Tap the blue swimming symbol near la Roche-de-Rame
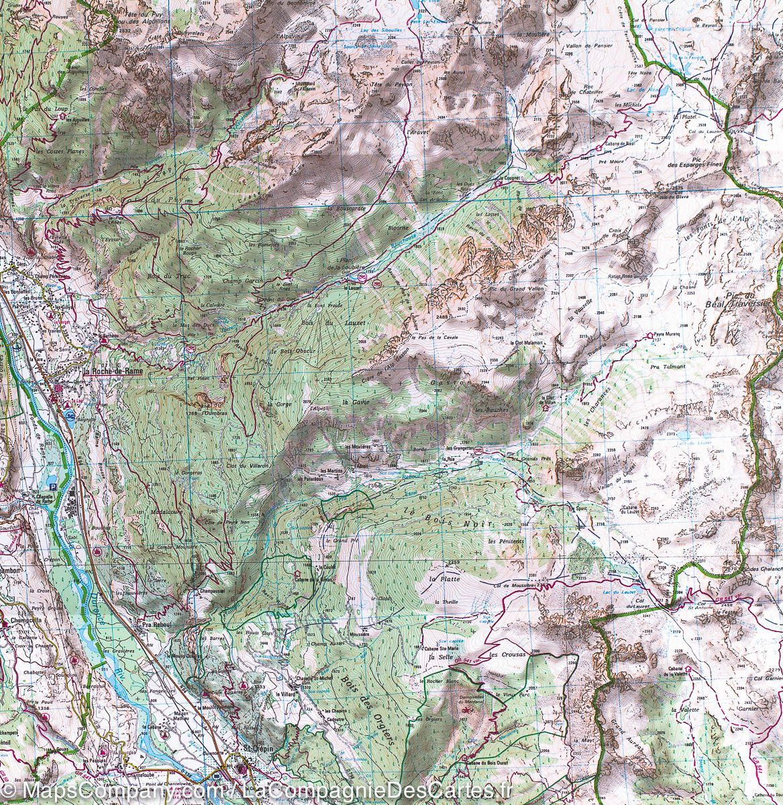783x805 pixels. pyautogui.click(x=70, y=415)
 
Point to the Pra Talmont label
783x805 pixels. pyautogui.click(x=666, y=367)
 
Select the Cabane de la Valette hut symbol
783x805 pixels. pyautogui.click(x=688, y=669)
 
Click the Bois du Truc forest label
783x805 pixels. pyautogui.click(x=162, y=274)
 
